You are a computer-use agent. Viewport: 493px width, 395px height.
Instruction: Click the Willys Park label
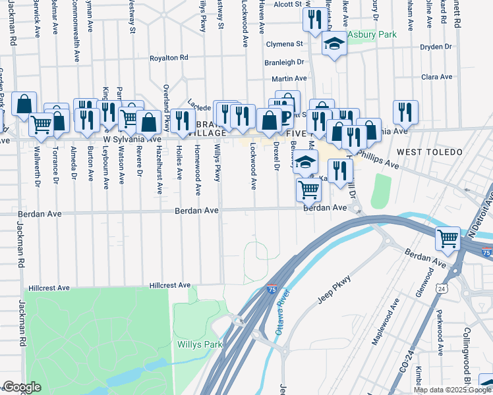click(x=200, y=344)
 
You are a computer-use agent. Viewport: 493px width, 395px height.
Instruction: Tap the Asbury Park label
click(x=372, y=34)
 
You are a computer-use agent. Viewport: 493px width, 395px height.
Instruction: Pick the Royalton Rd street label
click(x=169, y=58)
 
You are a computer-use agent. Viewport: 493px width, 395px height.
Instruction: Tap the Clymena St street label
click(x=283, y=44)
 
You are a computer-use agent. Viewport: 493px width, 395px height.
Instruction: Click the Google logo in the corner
click(x=21, y=387)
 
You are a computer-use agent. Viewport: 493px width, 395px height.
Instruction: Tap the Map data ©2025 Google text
click(x=452, y=390)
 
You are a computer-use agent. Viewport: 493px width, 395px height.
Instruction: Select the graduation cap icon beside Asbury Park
click(x=334, y=44)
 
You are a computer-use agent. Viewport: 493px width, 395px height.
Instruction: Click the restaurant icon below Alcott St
click(x=312, y=20)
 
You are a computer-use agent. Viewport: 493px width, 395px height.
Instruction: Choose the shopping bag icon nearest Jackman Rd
click(x=24, y=105)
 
